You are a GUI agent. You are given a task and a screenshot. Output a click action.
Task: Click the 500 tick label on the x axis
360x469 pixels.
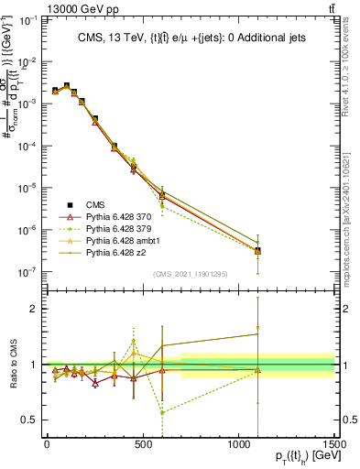(142, 444)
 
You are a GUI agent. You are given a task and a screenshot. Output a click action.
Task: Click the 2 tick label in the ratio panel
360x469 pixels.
(36, 309)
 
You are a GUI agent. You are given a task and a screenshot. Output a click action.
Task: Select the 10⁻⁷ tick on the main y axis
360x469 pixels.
(27, 272)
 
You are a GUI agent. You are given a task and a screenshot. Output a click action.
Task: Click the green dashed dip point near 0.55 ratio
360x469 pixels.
(162, 412)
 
